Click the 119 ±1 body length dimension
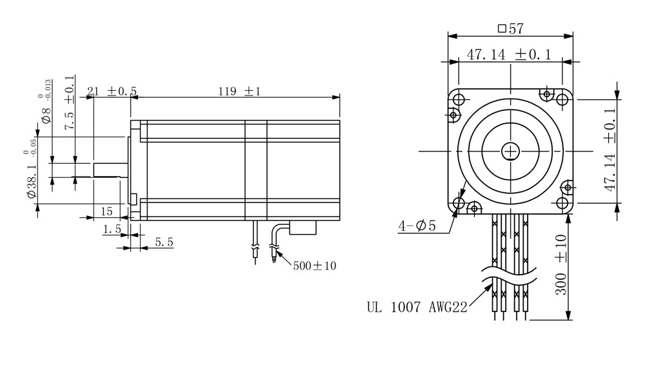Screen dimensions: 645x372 (x=239, y=91)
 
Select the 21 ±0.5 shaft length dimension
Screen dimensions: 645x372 (x=112, y=91)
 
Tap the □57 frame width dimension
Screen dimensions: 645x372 (x=510, y=28)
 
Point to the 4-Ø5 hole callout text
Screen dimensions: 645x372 (x=417, y=226)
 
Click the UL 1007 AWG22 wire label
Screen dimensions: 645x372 (x=417, y=307)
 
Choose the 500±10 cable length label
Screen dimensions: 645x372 (x=315, y=266)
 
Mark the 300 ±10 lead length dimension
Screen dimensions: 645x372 (x=561, y=265)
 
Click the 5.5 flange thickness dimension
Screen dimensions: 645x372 (x=164, y=242)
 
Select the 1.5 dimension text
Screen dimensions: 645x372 (x=112, y=229)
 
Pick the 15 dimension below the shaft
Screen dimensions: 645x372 (x=106, y=211)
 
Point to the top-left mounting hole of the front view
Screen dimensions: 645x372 (x=459, y=99)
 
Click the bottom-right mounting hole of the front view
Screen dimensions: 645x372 (x=562, y=203)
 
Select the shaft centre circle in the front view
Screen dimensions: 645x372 (x=510, y=152)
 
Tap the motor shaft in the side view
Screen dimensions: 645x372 (x=110, y=170)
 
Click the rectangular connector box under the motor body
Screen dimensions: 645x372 (x=303, y=228)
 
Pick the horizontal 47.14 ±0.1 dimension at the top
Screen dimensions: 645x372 (x=510, y=54)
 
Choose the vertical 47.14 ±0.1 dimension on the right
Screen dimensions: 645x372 (x=610, y=150)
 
